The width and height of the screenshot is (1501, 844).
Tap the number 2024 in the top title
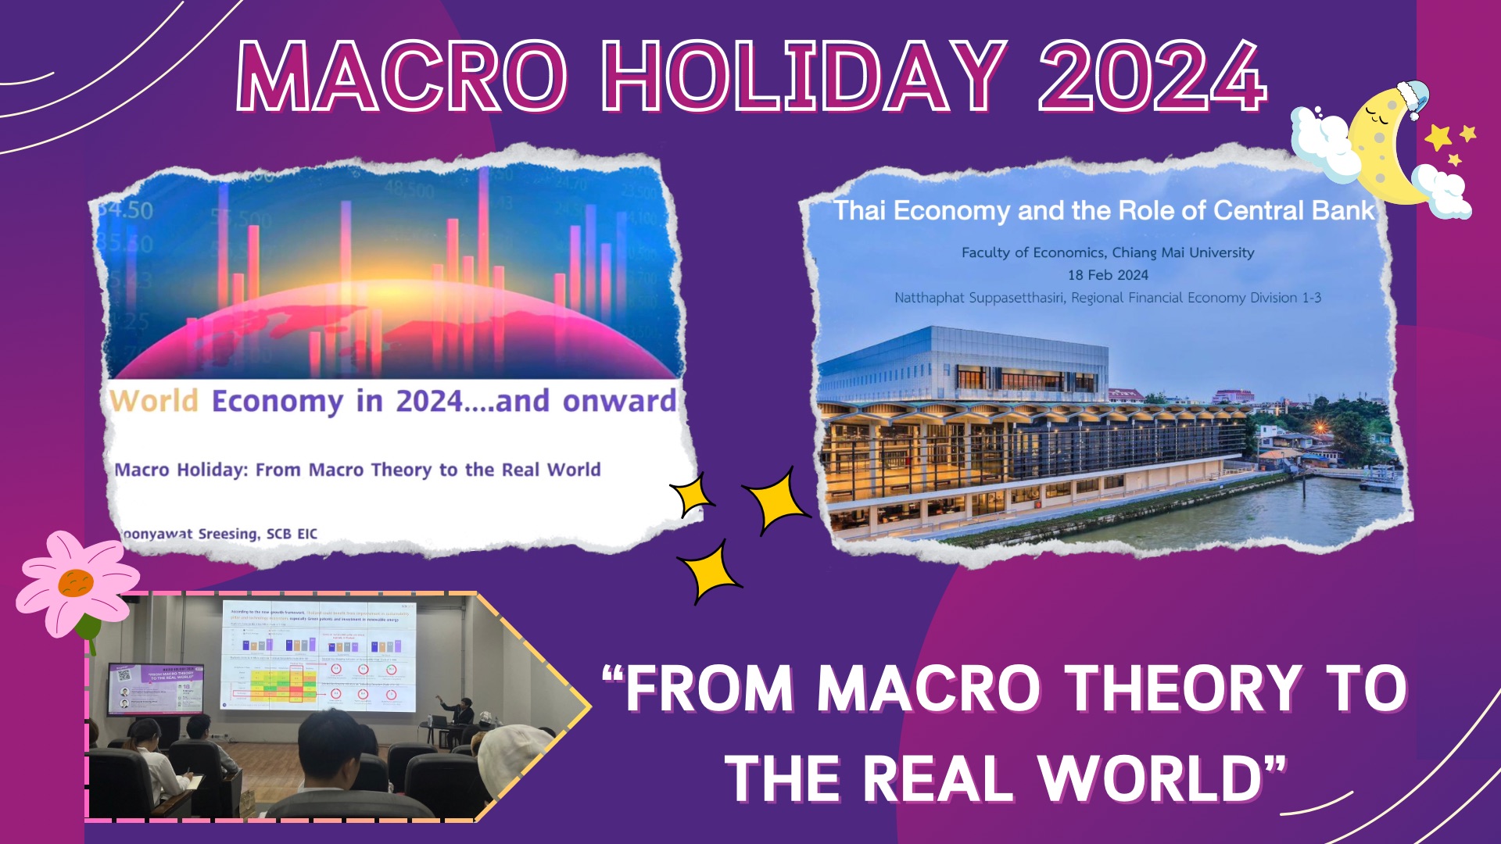coord(1151,77)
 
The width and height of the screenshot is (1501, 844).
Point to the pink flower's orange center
coord(76,583)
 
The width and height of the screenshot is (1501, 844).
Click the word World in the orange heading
coord(154,401)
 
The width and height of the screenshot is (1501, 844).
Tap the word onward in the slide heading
coord(619,401)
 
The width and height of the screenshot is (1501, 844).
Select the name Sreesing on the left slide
coord(227,534)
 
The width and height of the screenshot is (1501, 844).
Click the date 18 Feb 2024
coord(1108,275)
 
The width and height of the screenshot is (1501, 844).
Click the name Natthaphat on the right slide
coord(930,298)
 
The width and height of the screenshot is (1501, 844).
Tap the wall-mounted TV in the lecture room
coord(156,688)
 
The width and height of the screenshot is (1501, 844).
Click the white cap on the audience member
coord(512,755)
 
